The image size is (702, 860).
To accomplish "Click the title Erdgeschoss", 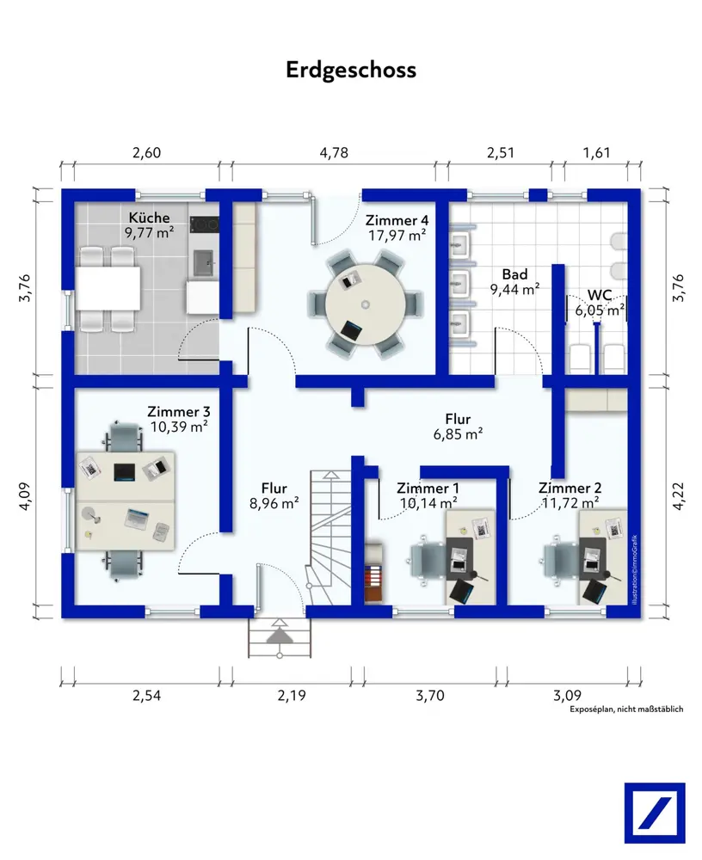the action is pyautogui.click(x=351, y=70).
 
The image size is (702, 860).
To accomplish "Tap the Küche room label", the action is pyautogui.click(x=150, y=218).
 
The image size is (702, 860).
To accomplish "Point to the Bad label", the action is pyautogui.click(x=515, y=273).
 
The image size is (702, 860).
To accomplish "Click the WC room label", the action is pyautogui.click(x=600, y=295).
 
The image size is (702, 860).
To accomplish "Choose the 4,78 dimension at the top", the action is pyautogui.click(x=334, y=154).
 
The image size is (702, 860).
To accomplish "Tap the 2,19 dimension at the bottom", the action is pyautogui.click(x=292, y=696).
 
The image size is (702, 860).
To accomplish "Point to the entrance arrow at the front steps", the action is pyautogui.click(x=278, y=634).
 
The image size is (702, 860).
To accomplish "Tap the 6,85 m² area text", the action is pyautogui.click(x=458, y=435).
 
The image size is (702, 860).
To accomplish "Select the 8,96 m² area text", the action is pyautogui.click(x=274, y=504).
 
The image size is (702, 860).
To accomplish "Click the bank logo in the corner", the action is pyautogui.click(x=655, y=813).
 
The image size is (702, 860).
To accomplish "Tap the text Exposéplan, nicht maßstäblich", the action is pyautogui.click(x=625, y=709).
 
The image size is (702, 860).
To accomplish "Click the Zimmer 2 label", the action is pyautogui.click(x=570, y=488).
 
